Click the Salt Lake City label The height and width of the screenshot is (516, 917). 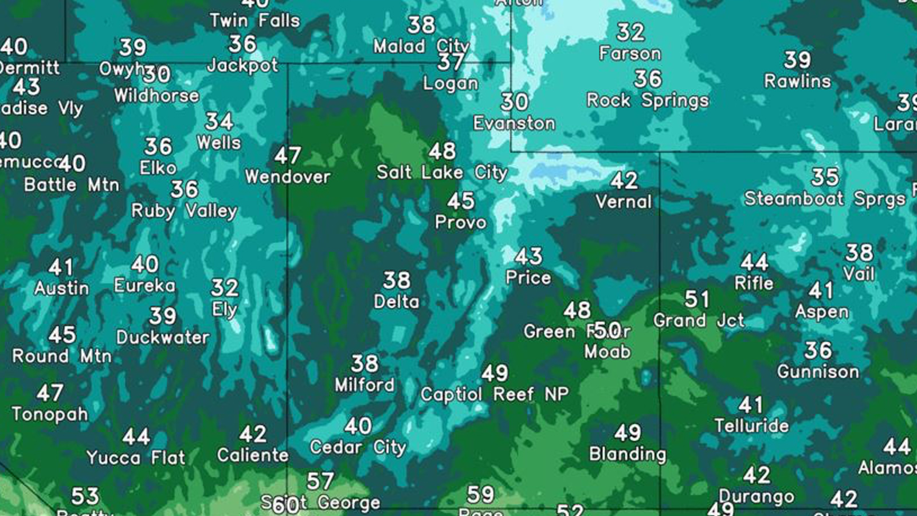pos(442,173)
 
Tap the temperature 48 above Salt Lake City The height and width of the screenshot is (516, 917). pos(442,151)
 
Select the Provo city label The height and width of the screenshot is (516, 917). pos(460,222)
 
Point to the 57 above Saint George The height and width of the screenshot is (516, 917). pos(320,481)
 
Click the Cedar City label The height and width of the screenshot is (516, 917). pos(358,447)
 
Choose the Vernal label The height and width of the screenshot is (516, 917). pos(624,202)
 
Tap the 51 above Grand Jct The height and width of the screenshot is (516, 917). pos(697,299)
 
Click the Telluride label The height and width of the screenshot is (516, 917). pos(751,425)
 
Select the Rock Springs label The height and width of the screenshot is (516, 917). pos(648,100)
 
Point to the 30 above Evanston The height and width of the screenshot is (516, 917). pos(514,102)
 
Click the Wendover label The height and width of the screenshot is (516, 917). pos(288,177)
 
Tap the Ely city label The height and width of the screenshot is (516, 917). pos(224,310)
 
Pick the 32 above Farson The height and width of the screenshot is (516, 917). pos(630,32)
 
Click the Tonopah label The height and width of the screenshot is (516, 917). pos(50,414)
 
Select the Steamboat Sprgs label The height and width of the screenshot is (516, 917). pos(825,199)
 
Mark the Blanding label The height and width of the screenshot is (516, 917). pos(628,454)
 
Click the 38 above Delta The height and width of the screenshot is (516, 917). pos(397,280)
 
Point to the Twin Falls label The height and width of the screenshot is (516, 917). pos(254,21)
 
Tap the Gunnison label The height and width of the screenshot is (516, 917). pos(818,372)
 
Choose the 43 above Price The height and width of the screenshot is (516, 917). pos(528,256)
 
